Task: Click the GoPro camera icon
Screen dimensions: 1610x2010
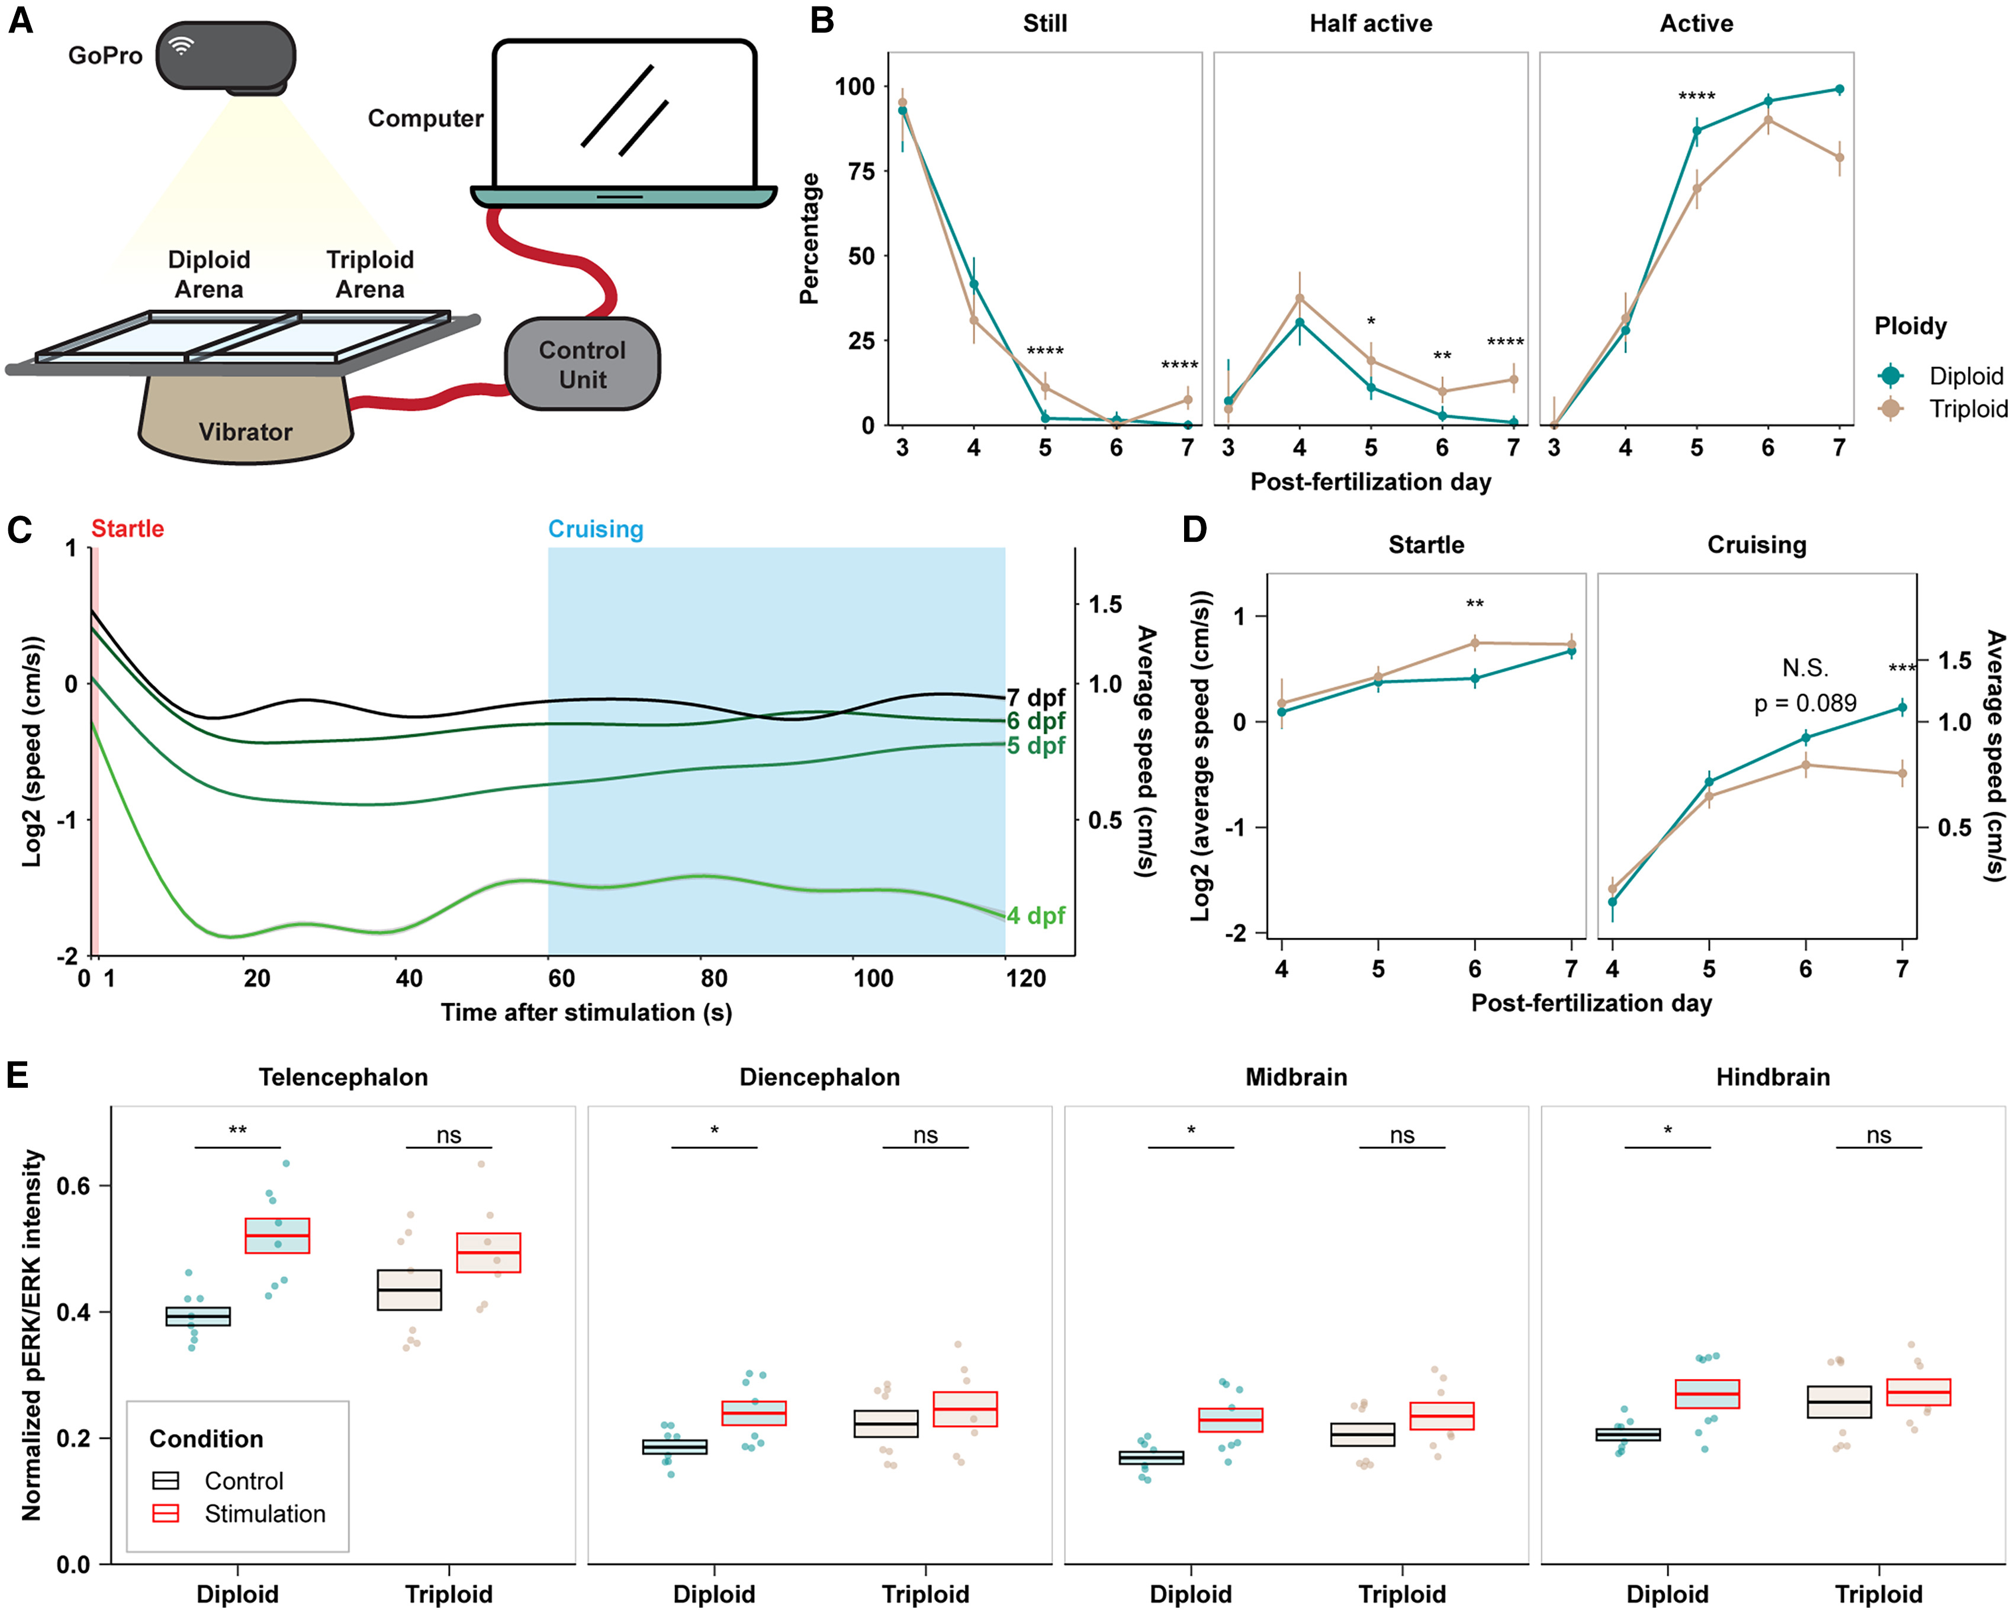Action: click(226, 56)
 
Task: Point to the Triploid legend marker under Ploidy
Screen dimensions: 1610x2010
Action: click(1890, 409)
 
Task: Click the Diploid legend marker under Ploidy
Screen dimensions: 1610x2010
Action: click(1890, 375)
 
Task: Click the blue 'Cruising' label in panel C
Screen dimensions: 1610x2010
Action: click(595, 529)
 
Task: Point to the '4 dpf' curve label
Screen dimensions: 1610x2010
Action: click(1035, 915)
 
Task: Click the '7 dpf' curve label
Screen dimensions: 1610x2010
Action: click(1035, 698)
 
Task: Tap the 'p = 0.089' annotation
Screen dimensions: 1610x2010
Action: click(1805, 703)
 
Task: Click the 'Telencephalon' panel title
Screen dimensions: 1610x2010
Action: click(343, 1076)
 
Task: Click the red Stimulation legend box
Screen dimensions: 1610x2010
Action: click(166, 1513)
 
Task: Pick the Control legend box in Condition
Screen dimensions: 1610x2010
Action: click(166, 1480)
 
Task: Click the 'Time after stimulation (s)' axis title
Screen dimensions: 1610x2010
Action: click(586, 1013)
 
